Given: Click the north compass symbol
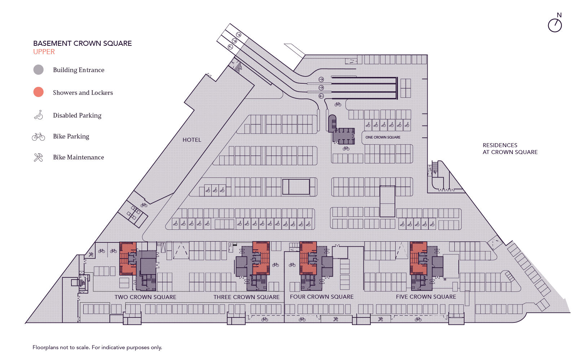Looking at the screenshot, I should click(x=555, y=25).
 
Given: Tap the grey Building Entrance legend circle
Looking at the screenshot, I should click(x=39, y=70).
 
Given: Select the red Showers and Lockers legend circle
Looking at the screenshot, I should click(x=39, y=92).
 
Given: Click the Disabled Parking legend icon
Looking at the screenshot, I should click(x=39, y=115).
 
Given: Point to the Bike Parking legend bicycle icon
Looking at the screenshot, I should click(x=38, y=136).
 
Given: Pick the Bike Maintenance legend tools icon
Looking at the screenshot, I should click(x=38, y=157).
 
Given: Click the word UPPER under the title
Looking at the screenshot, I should click(x=44, y=52).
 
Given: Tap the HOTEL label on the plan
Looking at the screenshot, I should click(x=192, y=140).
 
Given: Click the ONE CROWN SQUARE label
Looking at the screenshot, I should click(x=383, y=137).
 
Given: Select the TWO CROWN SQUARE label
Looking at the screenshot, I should click(x=145, y=297).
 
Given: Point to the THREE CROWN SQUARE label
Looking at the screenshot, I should click(x=246, y=297).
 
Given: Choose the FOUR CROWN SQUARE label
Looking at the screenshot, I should click(x=322, y=297).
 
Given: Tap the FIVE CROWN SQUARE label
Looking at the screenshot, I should click(x=426, y=297).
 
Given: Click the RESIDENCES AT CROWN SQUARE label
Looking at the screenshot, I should click(x=510, y=149).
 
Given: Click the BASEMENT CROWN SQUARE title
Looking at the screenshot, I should click(x=82, y=43).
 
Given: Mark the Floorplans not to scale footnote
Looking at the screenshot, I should click(x=97, y=347).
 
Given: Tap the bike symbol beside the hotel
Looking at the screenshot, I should click(x=144, y=205).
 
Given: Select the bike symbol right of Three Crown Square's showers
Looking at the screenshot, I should click(x=276, y=265).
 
